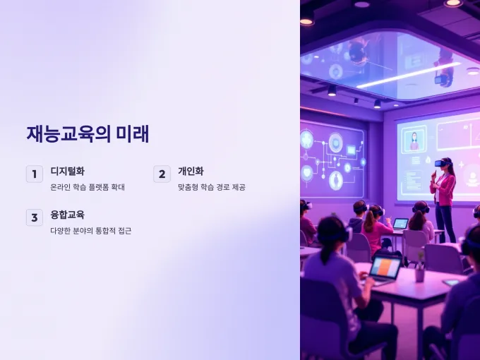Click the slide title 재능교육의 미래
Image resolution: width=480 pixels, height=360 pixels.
[x=88, y=134]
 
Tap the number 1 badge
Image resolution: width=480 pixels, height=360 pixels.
[x=35, y=174]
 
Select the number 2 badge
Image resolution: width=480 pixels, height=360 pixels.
[x=162, y=174]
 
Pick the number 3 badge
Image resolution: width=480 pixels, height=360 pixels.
[x=35, y=217]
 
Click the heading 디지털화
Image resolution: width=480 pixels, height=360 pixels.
[x=67, y=171]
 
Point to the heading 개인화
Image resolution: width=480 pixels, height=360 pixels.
[x=191, y=171]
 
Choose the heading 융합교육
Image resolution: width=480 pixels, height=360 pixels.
[x=67, y=215]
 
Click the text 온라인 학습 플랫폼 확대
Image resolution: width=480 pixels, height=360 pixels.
[x=88, y=187]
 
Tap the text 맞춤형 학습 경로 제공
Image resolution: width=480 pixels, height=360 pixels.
[x=212, y=187]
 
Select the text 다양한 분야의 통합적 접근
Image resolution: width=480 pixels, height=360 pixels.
[x=91, y=231]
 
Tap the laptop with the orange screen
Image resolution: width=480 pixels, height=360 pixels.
[x=385, y=268]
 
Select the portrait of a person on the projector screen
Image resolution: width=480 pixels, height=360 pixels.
[x=414, y=140]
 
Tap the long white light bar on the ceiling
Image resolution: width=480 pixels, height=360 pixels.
[x=409, y=76]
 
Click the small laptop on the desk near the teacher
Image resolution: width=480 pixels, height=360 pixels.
[x=400, y=224]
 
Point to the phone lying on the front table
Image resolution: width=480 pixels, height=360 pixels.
[x=451, y=282]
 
